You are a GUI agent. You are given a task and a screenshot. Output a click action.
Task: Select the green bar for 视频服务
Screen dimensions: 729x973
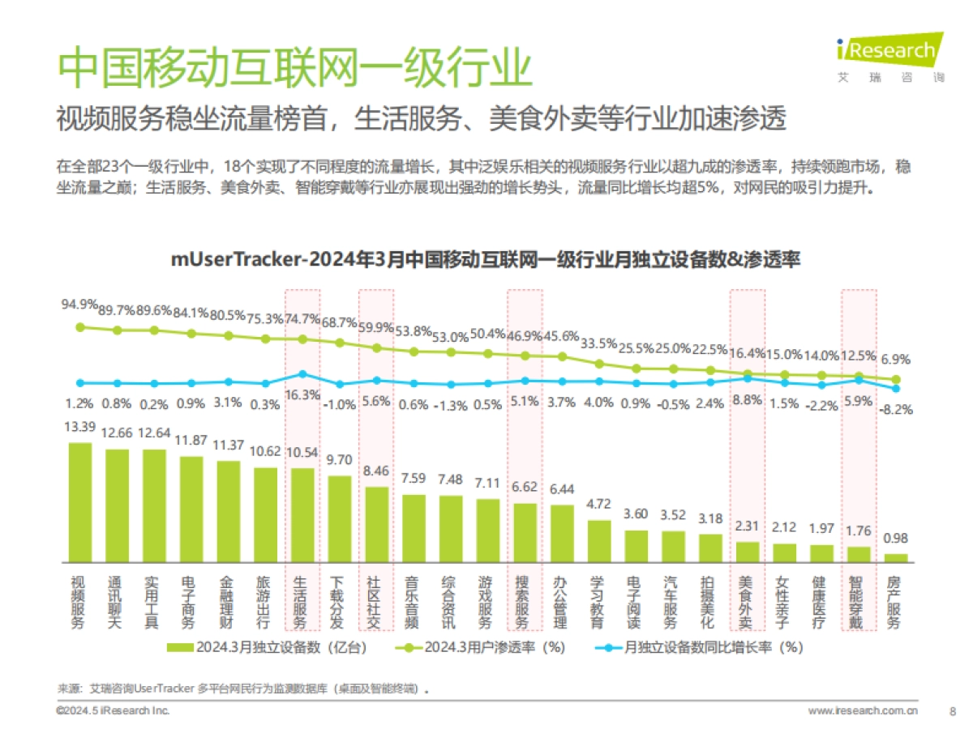coord(79,502)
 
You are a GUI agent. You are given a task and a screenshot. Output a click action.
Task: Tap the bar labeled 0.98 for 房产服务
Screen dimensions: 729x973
coord(896,557)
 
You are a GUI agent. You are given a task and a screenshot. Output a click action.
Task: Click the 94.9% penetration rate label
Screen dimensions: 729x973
coord(79,305)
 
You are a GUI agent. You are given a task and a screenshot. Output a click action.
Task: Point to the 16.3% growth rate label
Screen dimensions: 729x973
coord(302,395)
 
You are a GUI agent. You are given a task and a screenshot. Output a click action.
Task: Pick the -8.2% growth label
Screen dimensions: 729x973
coord(897,410)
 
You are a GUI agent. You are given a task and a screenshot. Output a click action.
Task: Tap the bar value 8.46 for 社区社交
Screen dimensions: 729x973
coord(376,470)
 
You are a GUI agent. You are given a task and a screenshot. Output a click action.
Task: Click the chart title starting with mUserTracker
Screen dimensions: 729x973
coord(485,260)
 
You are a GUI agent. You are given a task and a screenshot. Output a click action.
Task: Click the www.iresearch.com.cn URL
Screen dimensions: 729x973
coord(863,710)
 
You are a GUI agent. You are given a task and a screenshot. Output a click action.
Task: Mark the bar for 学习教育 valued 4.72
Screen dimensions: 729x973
coord(598,541)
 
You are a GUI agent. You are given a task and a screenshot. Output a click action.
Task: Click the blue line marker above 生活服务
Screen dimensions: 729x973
coord(302,374)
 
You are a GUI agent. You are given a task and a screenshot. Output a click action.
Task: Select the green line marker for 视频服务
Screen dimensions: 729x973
coord(79,327)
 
